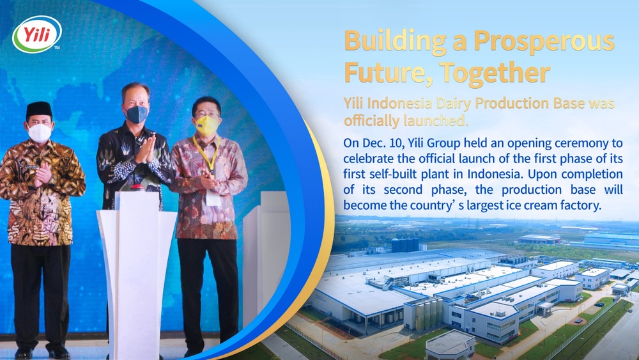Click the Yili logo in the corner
click(x=37, y=34)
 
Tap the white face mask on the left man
click(x=40, y=133)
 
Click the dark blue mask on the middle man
click(x=137, y=114)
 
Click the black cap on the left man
click(x=39, y=109)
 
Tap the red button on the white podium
click(x=137, y=187)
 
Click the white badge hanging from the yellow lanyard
click(x=213, y=198)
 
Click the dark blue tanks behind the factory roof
click(x=404, y=245)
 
